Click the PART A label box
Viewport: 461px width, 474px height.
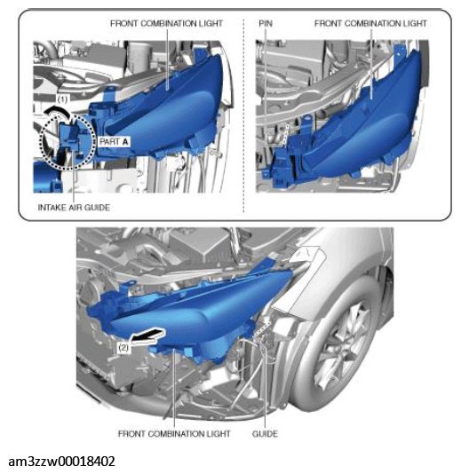(114, 141)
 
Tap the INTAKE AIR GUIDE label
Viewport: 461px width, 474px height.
(74, 208)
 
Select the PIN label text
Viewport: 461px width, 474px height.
(266, 24)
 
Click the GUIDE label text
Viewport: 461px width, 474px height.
(265, 434)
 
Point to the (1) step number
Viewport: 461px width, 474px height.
(62, 99)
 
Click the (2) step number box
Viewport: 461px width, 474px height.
(123, 348)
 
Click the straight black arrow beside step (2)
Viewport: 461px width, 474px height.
(148, 336)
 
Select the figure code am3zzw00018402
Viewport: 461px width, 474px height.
(61, 462)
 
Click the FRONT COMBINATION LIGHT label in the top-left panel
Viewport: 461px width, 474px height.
(166, 24)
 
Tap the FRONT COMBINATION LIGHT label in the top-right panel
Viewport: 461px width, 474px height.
(370, 24)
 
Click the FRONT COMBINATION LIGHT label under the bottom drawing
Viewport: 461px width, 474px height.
(174, 434)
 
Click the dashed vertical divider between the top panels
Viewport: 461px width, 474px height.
(243, 115)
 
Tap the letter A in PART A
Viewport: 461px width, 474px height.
(125, 141)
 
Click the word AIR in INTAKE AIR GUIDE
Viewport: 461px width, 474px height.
(74, 208)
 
